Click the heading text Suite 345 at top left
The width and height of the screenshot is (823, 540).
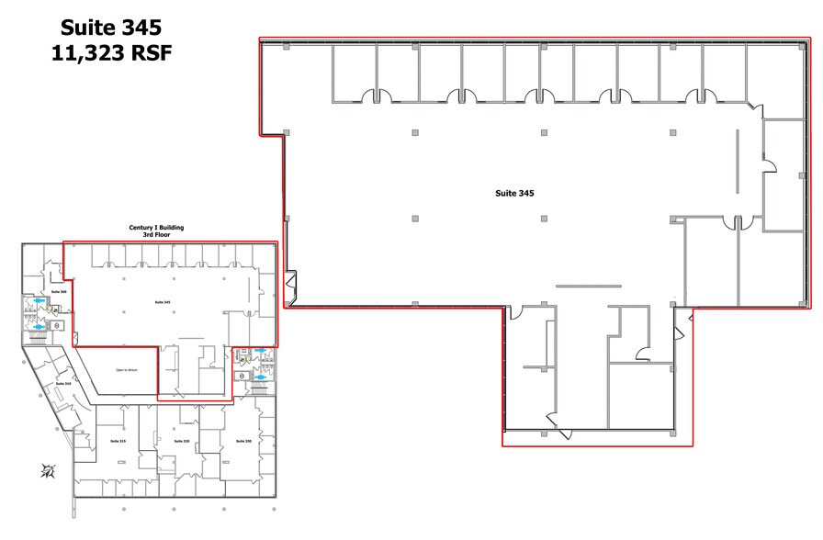[111, 27]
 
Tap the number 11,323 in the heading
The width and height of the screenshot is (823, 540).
[90, 53]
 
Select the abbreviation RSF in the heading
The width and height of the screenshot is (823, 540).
[150, 53]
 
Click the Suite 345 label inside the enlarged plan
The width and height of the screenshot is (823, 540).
[514, 194]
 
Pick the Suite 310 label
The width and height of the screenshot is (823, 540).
[62, 383]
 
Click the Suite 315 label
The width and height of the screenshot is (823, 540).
[118, 442]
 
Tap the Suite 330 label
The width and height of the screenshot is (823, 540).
[243, 442]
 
